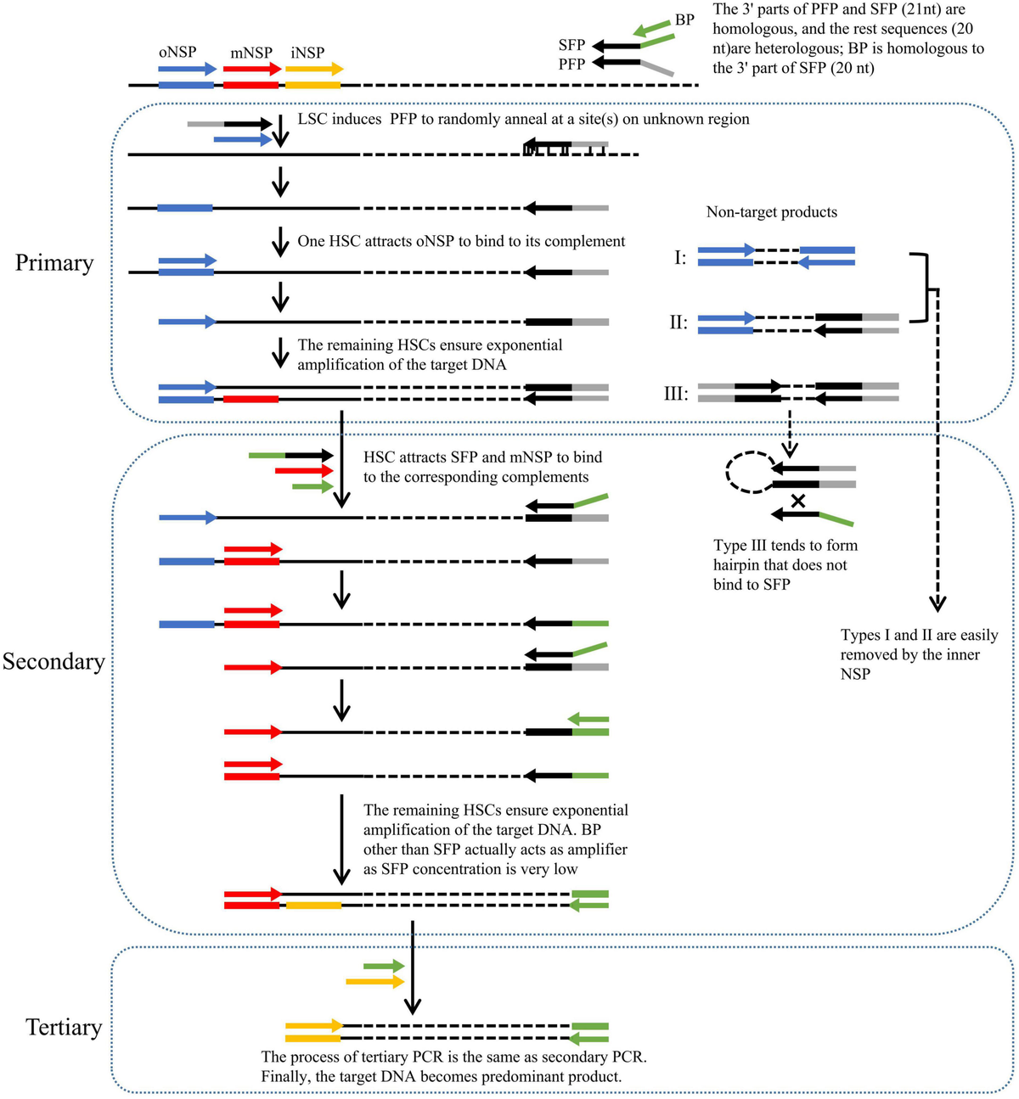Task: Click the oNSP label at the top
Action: tap(177, 53)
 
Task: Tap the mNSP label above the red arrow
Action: tap(251, 53)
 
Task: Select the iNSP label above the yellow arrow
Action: tap(307, 53)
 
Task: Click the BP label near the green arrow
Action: tap(684, 20)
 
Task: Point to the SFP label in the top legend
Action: tap(571, 45)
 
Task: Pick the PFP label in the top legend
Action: tap(571, 64)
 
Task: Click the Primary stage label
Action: tap(54, 263)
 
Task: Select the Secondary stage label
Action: tap(53, 662)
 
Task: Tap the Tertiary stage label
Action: tap(64, 1028)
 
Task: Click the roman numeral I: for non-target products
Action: tap(680, 257)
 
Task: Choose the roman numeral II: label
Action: tap(678, 322)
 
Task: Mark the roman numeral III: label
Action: tap(676, 394)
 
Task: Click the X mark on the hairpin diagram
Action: tap(797, 502)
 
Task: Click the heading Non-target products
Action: tap(771, 212)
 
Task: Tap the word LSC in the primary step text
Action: tap(314, 119)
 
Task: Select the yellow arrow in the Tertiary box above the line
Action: tap(374, 982)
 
